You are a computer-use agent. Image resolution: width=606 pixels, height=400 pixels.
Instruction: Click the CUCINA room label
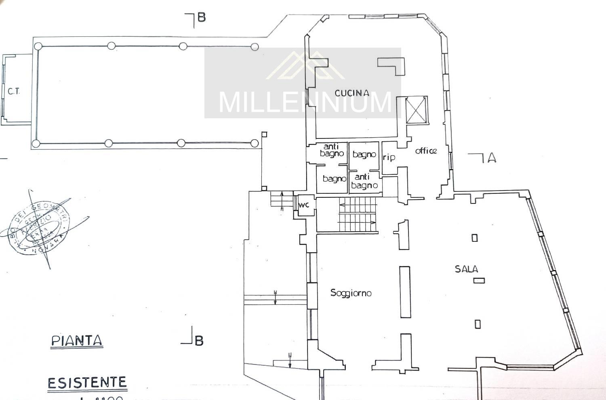pyautogui.click(x=352, y=93)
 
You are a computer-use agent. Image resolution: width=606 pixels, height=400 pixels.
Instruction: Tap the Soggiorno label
pyautogui.click(x=351, y=293)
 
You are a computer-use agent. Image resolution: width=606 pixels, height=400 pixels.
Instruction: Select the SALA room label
pyautogui.click(x=466, y=269)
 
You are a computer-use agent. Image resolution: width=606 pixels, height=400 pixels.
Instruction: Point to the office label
pyautogui.click(x=426, y=151)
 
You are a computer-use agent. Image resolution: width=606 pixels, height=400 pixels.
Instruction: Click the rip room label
pyautogui.click(x=389, y=157)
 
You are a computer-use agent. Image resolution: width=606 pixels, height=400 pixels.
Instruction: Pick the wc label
pyautogui.click(x=303, y=205)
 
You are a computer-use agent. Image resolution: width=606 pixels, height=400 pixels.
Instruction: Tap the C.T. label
pyautogui.click(x=14, y=91)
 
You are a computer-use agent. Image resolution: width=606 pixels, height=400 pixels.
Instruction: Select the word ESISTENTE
pyautogui.click(x=87, y=382)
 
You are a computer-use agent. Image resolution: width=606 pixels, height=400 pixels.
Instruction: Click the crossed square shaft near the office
pyautogui.click(x=416, y=110)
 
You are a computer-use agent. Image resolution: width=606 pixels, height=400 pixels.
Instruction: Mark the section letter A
pyautogui.click(x=491, y=158)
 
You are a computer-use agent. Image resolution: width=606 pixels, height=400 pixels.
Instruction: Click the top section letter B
pyautogui.click(x=201, y=17)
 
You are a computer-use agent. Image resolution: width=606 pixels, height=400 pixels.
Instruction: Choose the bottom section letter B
pyautogui.click(x=199, y=341)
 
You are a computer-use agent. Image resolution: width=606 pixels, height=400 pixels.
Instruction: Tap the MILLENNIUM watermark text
pyautogui.click(x=305, y=102)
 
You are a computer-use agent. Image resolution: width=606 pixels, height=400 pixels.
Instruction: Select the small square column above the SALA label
pyautogui.click(x=475, y=238)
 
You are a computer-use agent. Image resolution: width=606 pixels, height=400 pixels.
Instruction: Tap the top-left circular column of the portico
pyautogui.click(x=38, y=46)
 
